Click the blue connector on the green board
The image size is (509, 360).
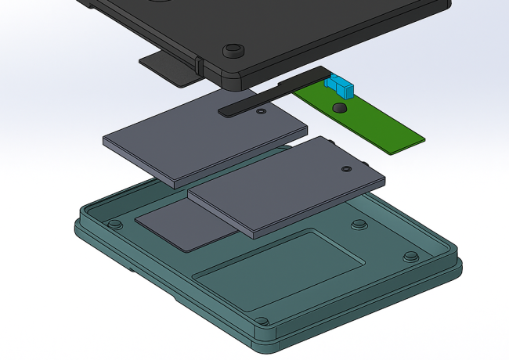point(341,85)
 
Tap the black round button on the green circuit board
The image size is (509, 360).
point(339,107)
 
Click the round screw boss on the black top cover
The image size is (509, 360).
point(233,52)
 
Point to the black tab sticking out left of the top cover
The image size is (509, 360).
point(168,69)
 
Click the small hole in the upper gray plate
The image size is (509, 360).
point(261,112)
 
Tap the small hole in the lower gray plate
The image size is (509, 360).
point(345,168)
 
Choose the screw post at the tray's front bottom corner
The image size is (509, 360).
point(262,321)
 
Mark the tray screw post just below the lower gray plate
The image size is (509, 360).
point(359,225)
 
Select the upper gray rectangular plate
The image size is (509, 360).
point(196,141)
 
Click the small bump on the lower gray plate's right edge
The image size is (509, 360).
point(368,164)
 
